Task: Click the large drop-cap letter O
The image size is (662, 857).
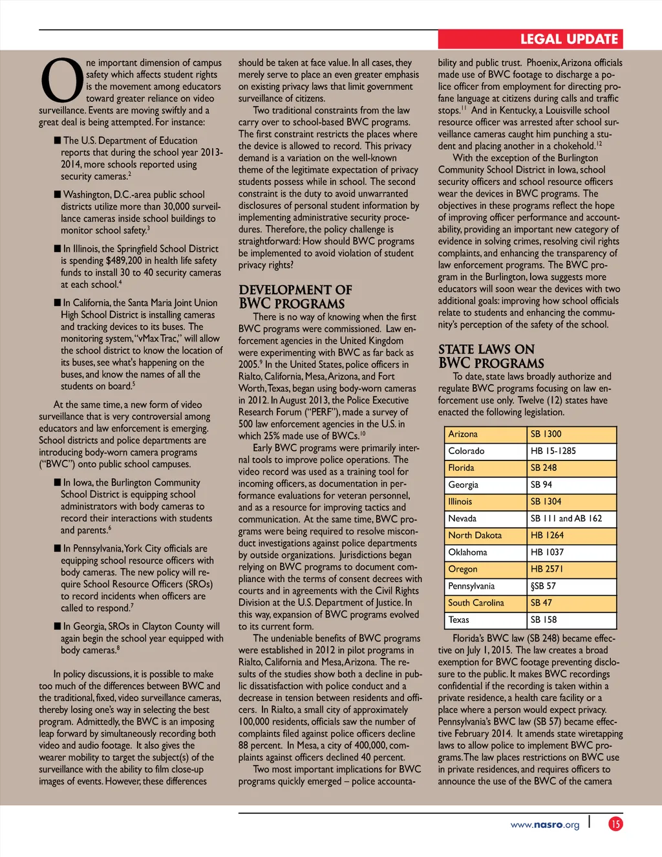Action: point(61,80)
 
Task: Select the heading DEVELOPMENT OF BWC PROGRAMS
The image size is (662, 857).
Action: point(295,297)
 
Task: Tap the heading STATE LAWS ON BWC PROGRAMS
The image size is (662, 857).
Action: point(491,356)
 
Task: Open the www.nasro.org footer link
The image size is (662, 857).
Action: point(544,825)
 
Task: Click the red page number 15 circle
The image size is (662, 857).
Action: point(615,824)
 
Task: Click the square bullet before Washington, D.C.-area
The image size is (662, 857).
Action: point(58,194)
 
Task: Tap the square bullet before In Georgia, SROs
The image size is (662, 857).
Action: point(58,626)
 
